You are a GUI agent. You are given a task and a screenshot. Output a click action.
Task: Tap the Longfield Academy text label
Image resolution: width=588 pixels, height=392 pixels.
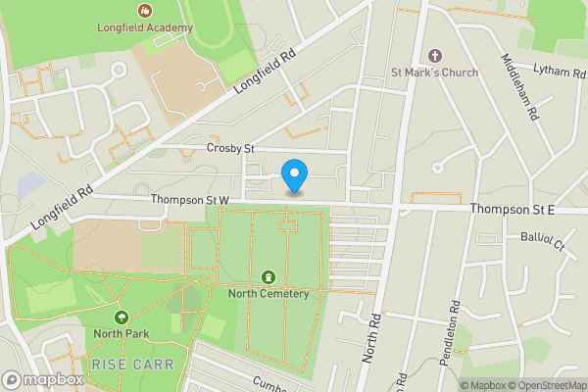pos(144,27)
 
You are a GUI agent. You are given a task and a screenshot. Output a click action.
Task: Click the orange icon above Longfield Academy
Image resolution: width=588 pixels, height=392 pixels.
pos(145,10)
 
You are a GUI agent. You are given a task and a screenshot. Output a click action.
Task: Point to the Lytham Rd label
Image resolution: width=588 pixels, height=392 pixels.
pos(558,70)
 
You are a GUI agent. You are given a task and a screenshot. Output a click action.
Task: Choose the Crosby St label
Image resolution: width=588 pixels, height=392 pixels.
pos(230,148)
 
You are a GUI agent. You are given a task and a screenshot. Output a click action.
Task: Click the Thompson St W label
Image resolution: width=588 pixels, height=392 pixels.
pos(189,200)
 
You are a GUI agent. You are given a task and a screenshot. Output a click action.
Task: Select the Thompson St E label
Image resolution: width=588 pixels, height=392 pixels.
pos(512,209)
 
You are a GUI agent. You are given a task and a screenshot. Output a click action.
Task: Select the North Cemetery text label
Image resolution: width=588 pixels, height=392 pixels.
pos(269,293)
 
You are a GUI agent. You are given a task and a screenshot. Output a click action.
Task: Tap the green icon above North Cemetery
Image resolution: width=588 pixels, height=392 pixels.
pos(269,276)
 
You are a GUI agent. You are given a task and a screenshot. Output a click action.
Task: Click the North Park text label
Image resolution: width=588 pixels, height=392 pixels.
pos(121,334)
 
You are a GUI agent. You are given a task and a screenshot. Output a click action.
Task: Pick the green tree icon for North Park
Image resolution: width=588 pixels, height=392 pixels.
pos(121,317)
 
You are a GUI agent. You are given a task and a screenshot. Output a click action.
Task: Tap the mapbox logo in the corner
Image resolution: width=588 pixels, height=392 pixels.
pos(43,379)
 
